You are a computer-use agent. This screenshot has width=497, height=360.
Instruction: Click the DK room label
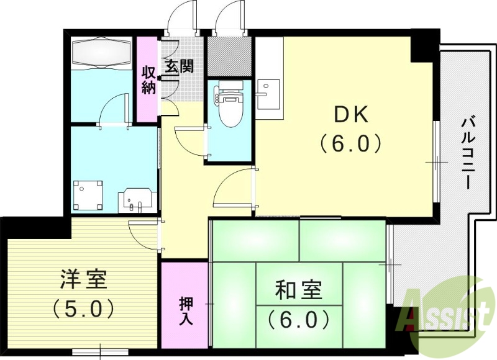(352, 114)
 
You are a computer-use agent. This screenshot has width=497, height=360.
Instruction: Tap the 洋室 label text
(84, 279)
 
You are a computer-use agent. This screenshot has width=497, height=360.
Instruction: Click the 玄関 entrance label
(178, 65)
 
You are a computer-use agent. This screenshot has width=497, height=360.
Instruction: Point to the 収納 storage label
(148, 80)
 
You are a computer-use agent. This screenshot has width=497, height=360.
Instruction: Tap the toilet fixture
(229, 102)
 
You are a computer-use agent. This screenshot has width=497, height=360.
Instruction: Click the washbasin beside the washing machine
(135, 200)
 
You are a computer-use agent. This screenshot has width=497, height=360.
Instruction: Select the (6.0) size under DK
(352, 144)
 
